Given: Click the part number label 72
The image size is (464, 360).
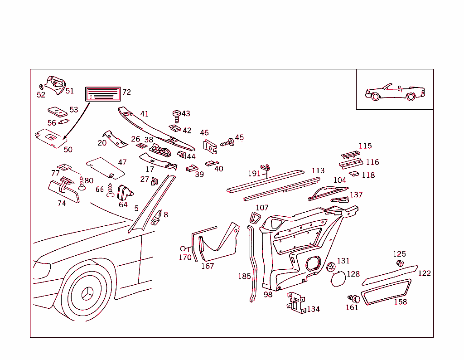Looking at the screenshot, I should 126,92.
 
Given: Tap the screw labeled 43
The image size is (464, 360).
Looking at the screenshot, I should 176,115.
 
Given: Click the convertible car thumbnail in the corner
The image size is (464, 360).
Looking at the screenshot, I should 394,91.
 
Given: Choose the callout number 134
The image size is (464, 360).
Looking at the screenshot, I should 313,309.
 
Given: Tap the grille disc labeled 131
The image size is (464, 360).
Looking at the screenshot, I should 330,267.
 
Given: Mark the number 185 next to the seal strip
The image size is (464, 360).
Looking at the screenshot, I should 244,276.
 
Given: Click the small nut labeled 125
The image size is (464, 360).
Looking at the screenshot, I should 400,263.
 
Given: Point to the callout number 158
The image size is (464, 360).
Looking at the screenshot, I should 400,302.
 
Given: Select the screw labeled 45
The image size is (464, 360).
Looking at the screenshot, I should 228,142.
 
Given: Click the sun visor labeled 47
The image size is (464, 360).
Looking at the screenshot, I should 105,167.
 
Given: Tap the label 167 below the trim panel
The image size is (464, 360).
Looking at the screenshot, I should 207,266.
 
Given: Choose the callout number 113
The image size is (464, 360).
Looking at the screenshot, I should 318,170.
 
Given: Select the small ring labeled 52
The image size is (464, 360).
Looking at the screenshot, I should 41,86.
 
